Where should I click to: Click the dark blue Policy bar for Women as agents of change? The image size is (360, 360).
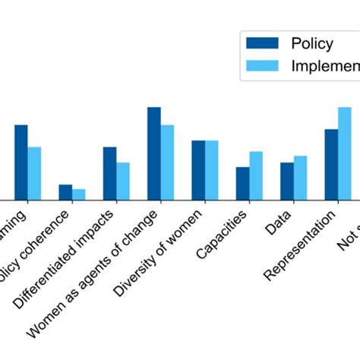(x=154, y=153)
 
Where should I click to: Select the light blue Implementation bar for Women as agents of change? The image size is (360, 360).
(x=167, y=162)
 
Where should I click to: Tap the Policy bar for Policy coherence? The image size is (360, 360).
(x=65, y=192)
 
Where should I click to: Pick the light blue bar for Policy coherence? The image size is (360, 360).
(x=79, y=194)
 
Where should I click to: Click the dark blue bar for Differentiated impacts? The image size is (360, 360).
(x=110, y=173)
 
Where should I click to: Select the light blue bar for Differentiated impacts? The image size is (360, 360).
(x=123, y=181)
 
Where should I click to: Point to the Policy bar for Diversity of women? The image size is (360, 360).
(x=198, y=170)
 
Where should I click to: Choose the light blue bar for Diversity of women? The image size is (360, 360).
(x=212, y=170)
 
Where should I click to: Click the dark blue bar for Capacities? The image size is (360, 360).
(x=242, y=183)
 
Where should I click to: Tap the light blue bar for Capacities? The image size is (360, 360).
(x=256, y=175)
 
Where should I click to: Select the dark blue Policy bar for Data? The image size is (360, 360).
(x=287, y=181)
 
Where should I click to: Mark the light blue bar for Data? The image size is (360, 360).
(x=300, y=178)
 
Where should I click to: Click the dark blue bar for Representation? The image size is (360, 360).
(x=331, y=164)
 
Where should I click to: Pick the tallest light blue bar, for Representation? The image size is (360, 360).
(x=345, y=153)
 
